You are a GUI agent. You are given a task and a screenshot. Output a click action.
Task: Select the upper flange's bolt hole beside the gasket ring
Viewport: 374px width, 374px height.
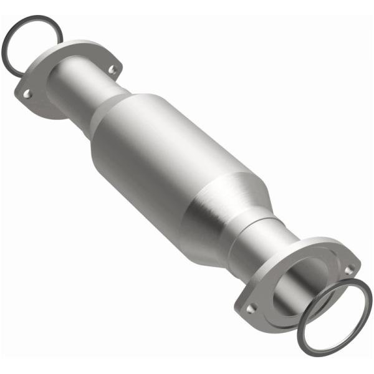tap(27, 94)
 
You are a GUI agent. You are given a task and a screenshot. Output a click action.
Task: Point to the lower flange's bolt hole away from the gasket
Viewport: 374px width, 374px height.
tap(252, 307)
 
